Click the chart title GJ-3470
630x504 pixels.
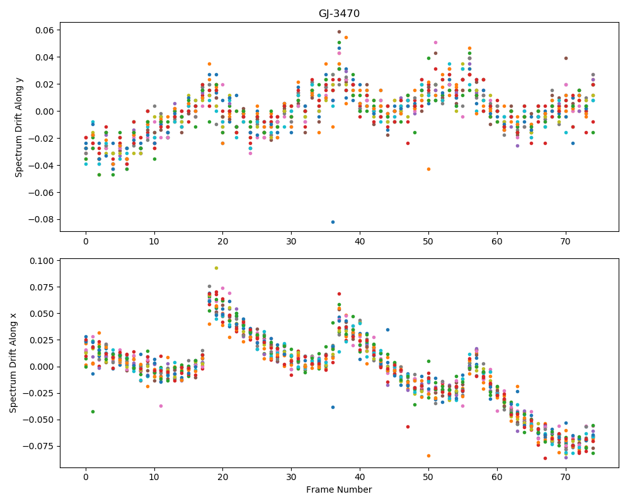point(339,14)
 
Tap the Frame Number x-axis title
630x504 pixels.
point(339,490)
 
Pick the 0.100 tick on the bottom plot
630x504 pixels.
point(43,261)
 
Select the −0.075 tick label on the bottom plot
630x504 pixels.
point(40,446)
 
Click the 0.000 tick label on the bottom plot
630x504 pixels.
point(43,367)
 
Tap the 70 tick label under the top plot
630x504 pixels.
point(565,241)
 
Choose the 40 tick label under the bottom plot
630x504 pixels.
point(360,478)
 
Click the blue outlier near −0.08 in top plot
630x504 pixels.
point(333,222)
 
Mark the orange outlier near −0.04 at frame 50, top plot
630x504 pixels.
point(428,169)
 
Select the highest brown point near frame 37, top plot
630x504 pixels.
point(339,31)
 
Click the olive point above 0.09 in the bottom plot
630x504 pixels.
point(216,268)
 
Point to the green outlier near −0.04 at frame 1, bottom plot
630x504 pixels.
point(93,411)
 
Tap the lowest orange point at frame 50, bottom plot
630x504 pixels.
point(428,455)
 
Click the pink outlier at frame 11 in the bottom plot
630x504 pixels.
point(161,406)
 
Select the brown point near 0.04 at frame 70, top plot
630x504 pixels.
point(566,59)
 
